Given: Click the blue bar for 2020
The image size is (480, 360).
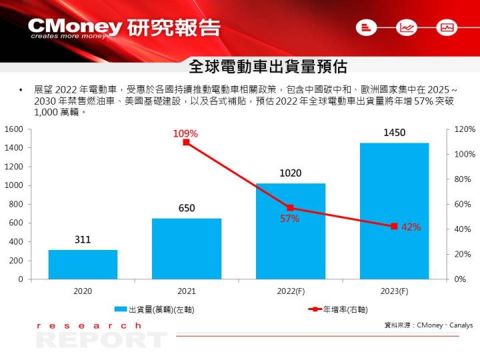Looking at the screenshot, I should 83,264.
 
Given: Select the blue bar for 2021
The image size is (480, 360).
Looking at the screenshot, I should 187,248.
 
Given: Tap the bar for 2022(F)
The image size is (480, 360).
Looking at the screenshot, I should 291,231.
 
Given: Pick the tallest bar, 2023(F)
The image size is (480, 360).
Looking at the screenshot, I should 395,211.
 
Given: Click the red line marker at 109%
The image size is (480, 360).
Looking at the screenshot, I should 186,142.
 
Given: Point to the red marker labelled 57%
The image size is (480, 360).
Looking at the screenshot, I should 290,207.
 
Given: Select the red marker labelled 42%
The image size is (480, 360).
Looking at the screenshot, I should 394,226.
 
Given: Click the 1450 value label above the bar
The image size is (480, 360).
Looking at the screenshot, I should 395,133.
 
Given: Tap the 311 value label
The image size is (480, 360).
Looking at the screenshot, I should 83,239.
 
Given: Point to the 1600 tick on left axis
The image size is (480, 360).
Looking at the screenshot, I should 13,129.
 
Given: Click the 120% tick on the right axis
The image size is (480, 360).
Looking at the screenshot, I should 465,129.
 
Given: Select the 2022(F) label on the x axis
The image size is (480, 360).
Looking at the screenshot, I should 291,291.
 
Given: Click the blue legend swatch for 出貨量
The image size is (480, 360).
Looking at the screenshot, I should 121,309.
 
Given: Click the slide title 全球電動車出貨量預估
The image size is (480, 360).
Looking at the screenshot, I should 268,67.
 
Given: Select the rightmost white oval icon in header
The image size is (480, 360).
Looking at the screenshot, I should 447,27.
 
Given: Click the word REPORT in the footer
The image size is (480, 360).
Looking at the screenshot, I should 100,340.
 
